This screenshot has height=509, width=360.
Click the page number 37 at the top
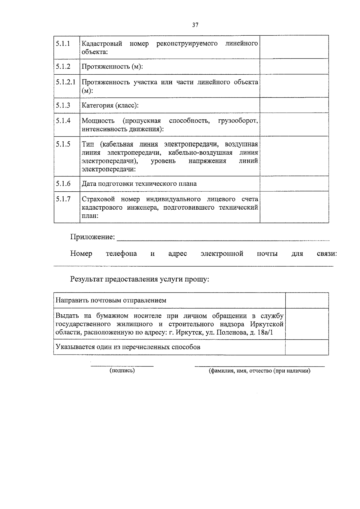[x=195, y=25]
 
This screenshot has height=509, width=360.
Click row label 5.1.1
[x=63, y=43]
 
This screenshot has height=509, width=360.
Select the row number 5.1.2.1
[x=65, y=82]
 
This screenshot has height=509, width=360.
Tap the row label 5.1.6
[x=63, y=184]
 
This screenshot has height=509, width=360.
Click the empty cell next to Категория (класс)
[x=294, y=105]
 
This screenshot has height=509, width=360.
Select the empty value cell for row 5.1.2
[x=294, y=67]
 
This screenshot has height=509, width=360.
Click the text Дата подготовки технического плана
[x=139, y=184]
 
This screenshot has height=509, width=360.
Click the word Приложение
[x=92, y=237]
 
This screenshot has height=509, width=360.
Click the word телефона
[x=121, y=254]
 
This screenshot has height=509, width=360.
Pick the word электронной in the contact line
[x=222, y=254]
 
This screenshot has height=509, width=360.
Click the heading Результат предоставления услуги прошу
[x=139, y=280]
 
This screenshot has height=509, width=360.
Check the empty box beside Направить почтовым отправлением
[x=307, y=301]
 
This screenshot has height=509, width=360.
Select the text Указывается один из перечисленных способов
[x=128, y=347]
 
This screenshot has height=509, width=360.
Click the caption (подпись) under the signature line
[x=122, y=371]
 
